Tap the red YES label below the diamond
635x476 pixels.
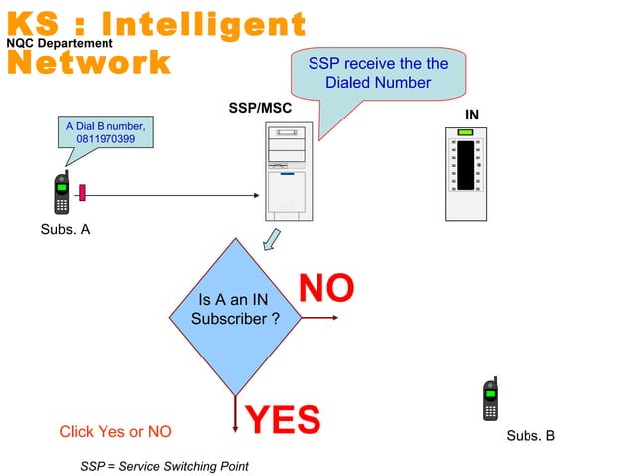pos(283,420)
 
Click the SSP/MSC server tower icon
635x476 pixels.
pos(288,172)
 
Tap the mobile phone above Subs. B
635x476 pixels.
pos(490,400)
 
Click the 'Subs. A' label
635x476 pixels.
pos(64,230)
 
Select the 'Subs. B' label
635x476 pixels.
pos(530,436)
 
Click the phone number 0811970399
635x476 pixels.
pos(106,139)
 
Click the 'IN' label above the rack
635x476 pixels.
pos(472,116)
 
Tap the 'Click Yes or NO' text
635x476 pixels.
pos(115,431)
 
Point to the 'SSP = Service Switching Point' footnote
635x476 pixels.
pos(164,466)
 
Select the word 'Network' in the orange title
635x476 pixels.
pos(88,63)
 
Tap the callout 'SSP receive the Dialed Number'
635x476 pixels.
pos(377,73)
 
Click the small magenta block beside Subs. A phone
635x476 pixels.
pos(82,192)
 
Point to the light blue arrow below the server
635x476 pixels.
pos(270,240)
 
